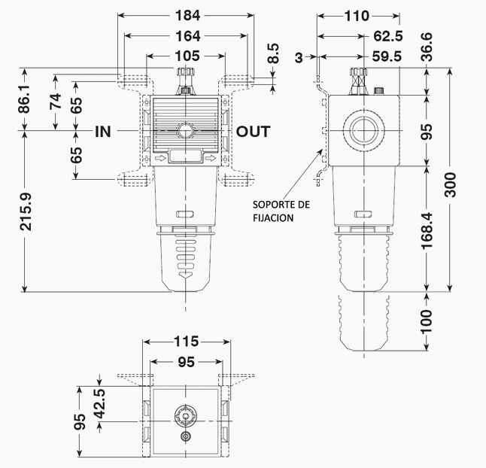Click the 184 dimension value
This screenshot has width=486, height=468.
(188, 15)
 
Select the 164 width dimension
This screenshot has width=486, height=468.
(188, 36)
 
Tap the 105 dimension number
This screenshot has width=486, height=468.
(187, 56)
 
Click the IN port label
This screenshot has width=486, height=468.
(103, 132)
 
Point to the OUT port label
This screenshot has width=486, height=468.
(254, 132)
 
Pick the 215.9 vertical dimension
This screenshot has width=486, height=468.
(26, 211)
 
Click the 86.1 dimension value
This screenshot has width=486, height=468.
(26, 99)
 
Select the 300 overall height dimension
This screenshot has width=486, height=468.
(451, 185)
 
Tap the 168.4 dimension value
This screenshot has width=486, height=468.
(427, 230)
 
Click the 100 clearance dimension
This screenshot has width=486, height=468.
(427, 321)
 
